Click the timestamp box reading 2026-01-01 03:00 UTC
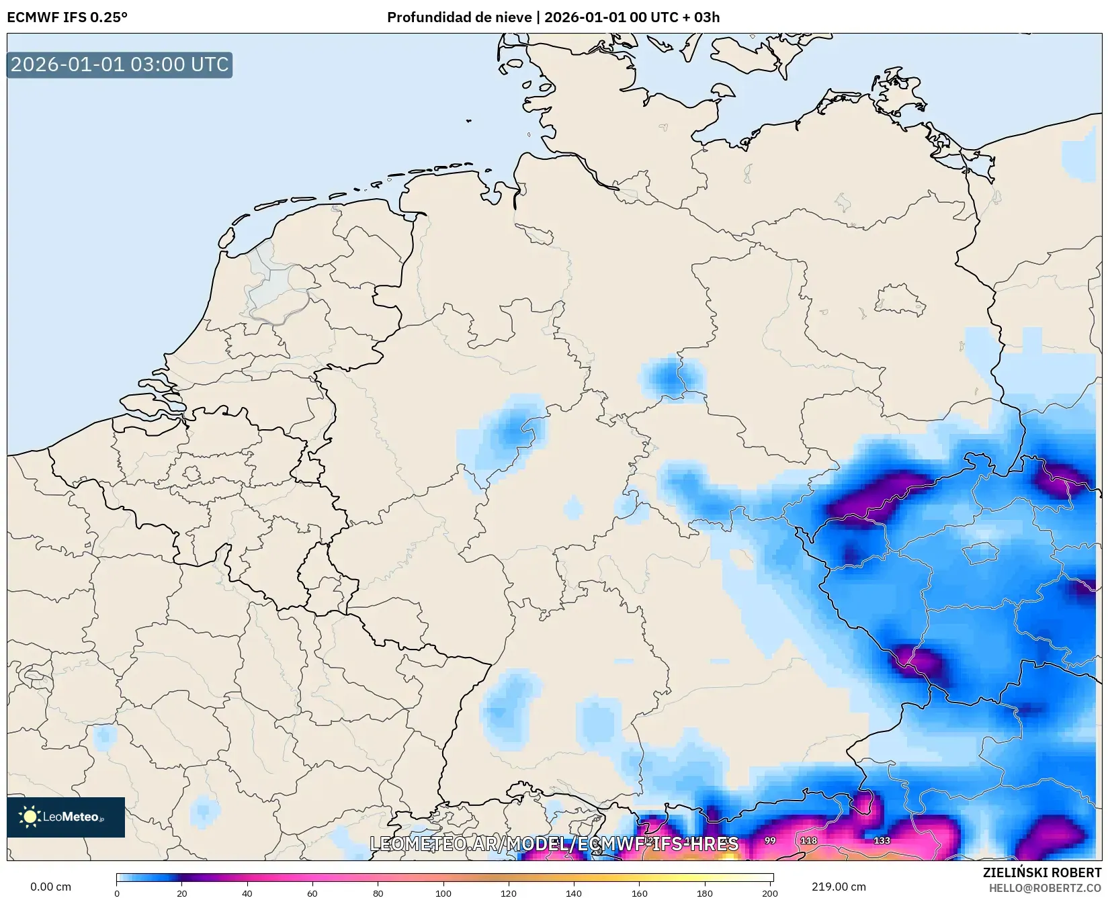coord(120,64)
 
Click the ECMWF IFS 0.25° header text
coord(67,17)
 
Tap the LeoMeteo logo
coord(66,817)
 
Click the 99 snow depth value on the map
coord(770,840)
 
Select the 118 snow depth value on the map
coord(809,840)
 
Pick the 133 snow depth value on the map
coord(882,840)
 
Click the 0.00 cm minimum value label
coord(51,887)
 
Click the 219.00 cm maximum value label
coord(839,887)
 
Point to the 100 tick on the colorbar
coord(443,893)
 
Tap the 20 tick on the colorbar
coord(181,893)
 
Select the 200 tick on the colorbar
coord(770,893)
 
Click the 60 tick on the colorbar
coord(312,893)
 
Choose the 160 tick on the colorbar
coord(640,893)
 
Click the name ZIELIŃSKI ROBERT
coord(1041,873)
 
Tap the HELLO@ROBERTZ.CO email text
coord(1045,888)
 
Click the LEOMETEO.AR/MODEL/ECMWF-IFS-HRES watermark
coord(554,844)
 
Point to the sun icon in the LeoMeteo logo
coord(30,817)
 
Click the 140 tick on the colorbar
coord(574,893)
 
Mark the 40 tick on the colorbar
coord(247,893)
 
